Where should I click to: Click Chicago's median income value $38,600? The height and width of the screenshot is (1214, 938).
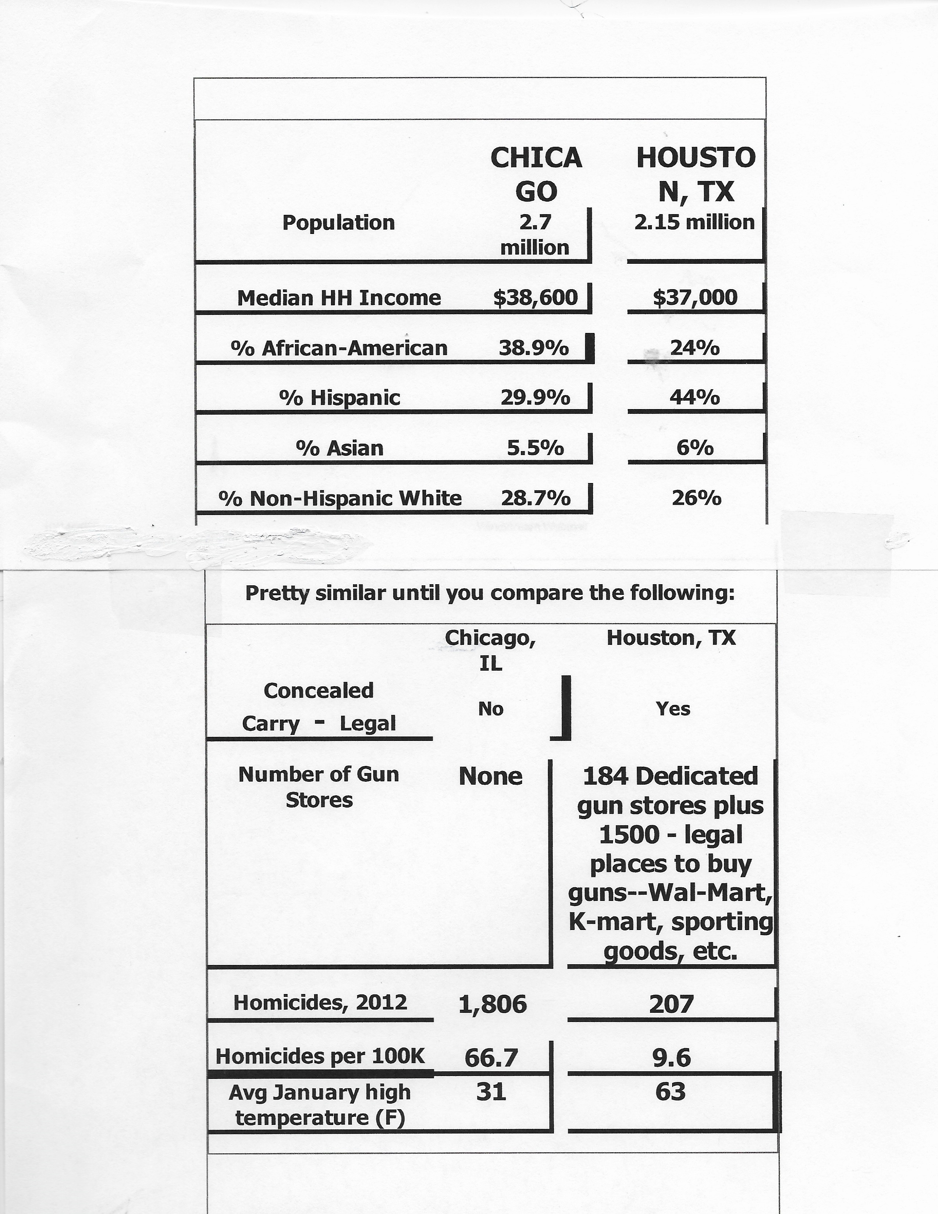(x=536, y=297)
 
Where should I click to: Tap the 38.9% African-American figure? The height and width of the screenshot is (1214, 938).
(x=533, y=348)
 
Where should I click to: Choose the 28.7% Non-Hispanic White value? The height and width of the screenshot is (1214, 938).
(x=536, y=498)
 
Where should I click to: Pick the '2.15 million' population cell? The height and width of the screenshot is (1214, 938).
(x=694, y=222)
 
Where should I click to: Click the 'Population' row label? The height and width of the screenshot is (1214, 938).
(x=338, y=222)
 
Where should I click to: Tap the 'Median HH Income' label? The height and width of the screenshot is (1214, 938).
(x=339, y=298)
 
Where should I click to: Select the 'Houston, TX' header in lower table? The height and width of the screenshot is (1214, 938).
(x=671, y=638)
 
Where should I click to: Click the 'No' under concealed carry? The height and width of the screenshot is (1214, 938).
(x=491, y=709)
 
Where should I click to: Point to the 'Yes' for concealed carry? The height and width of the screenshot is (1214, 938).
(x=673, y=709)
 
